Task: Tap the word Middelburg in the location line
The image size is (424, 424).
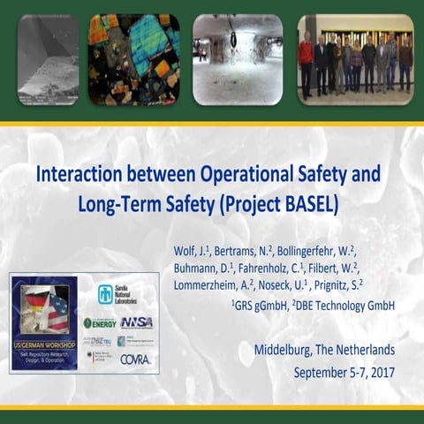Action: pos(286,349)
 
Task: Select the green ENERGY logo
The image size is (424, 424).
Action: pos(101,322)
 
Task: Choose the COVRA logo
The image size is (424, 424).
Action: pos(135,360)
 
